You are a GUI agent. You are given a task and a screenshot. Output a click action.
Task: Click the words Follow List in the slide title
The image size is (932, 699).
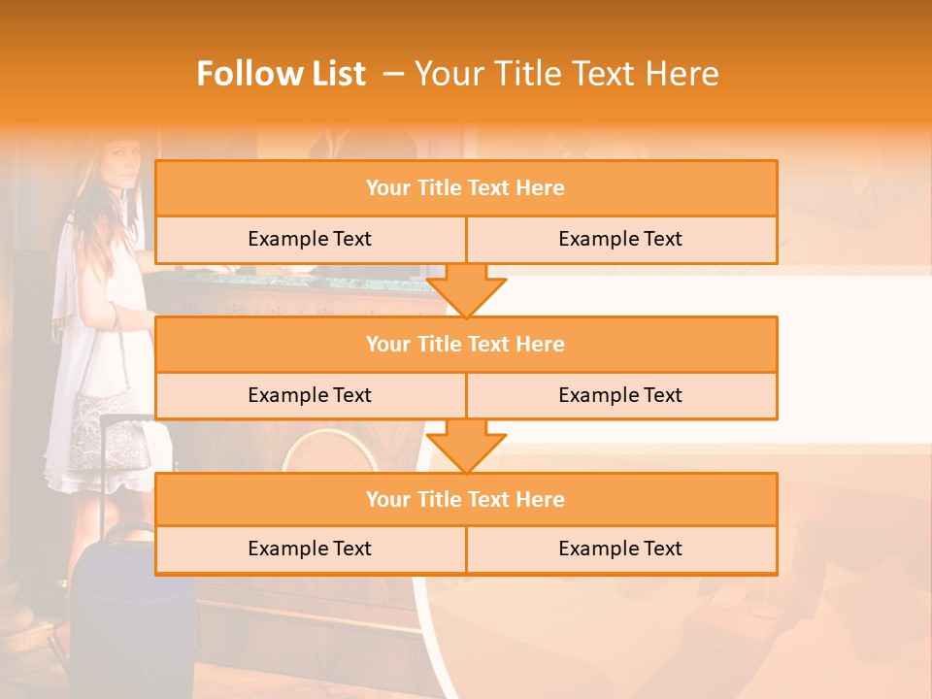(x=281, y=74)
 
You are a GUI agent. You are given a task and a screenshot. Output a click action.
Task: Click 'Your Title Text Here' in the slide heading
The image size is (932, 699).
(x=566, y=74)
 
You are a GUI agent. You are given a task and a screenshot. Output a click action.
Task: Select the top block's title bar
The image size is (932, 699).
(x=466, y=188)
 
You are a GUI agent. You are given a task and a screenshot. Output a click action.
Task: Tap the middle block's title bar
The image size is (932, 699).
(x=466, y=345)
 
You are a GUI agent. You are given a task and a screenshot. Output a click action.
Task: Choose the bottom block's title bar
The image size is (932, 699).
(x=466, y=500)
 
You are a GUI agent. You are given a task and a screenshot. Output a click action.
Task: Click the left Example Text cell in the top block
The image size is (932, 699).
(x=310, y=240)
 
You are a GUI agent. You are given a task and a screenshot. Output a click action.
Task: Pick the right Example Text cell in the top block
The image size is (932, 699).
(x=620, y=240)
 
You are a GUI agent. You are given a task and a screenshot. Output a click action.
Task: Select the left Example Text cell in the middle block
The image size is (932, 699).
(x=310, y=395)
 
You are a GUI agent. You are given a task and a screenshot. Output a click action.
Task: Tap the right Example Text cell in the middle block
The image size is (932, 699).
(x=620, y=395)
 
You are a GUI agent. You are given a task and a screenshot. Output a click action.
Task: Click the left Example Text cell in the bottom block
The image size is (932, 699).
(x=310, y=549)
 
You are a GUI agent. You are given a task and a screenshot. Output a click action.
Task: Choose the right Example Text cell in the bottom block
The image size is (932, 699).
(x=620, y=549)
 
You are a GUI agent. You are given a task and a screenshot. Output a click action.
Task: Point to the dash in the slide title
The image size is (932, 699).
(x=393, y=74)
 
